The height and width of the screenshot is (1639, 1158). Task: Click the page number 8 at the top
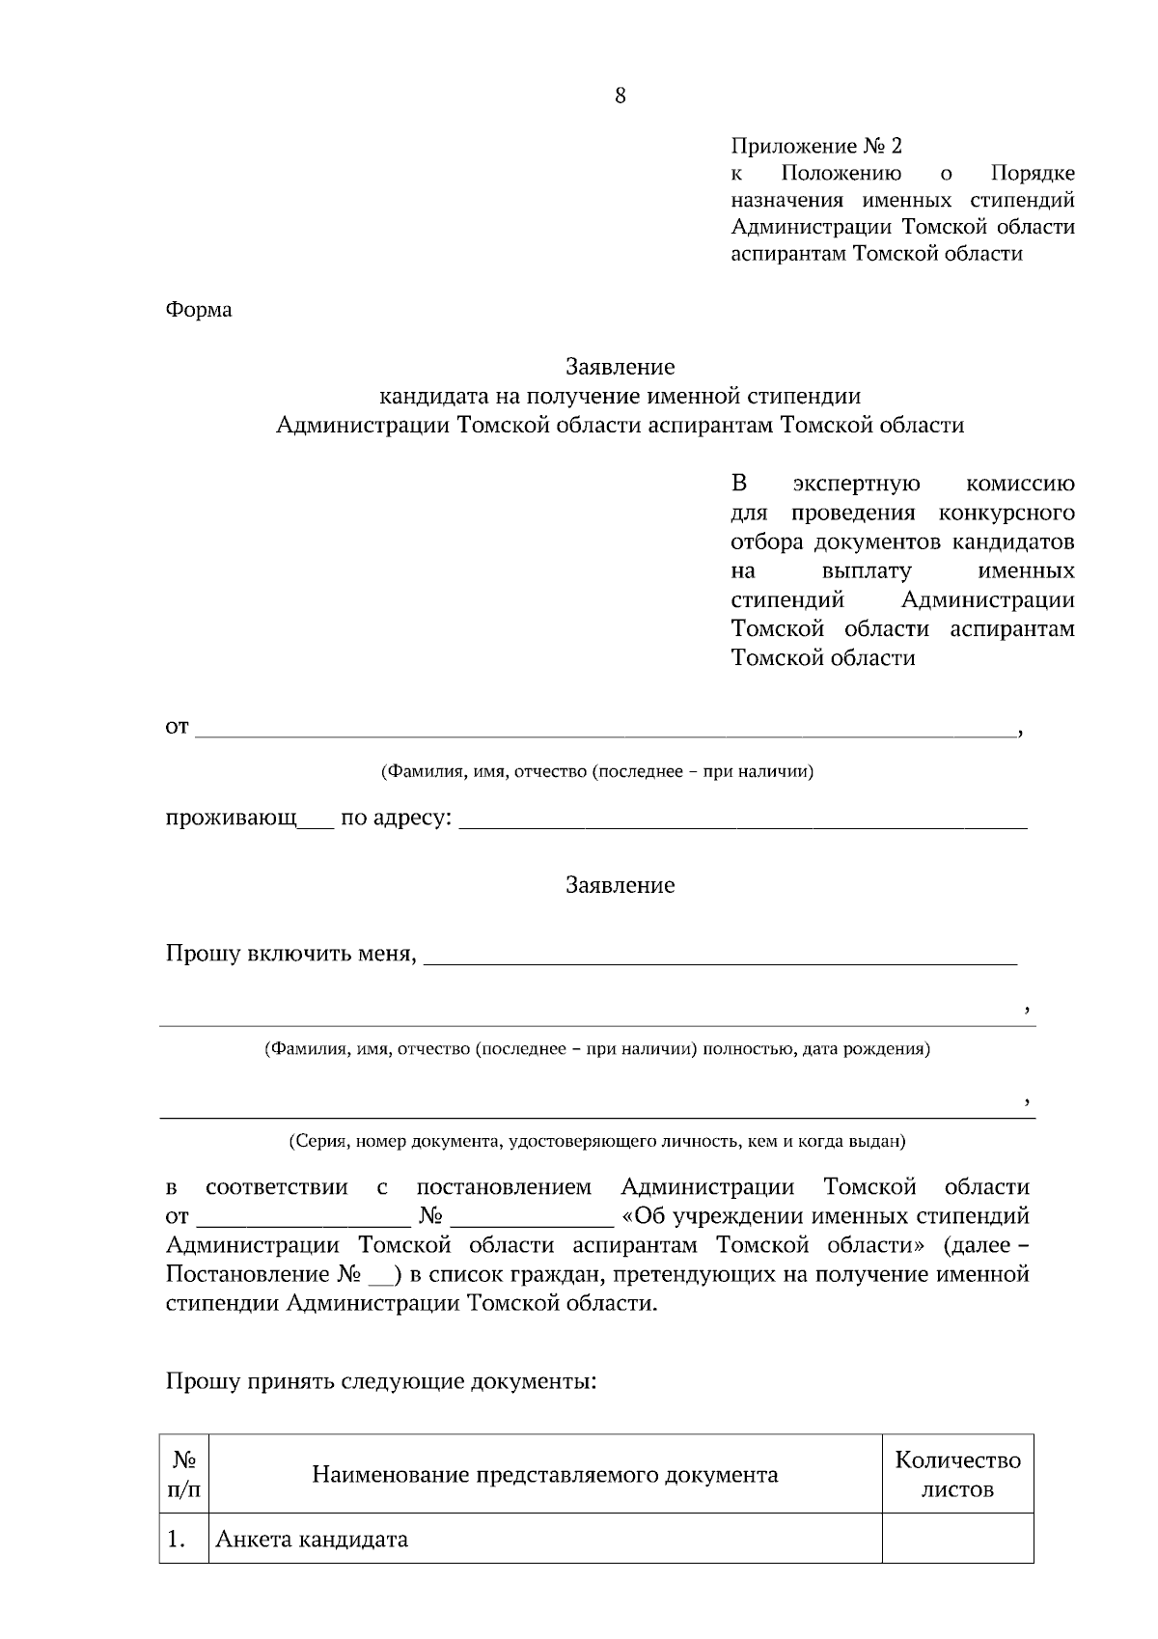point(620,96)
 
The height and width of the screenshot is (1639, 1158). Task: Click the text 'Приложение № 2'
point(816,147)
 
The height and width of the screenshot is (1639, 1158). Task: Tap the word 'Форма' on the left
point(199,310)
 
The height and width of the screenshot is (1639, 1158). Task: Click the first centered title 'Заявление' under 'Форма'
point(620,367)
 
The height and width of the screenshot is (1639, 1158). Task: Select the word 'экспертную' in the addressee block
point(856,484)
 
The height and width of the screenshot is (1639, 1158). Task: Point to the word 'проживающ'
point(231,819)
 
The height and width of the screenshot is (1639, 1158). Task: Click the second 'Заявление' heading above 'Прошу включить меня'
point(620,885)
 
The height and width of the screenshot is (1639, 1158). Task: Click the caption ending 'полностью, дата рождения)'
point(597,1049)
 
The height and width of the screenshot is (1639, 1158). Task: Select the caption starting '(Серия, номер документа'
point(597,1141)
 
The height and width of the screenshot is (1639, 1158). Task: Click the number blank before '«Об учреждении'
point(531,1216)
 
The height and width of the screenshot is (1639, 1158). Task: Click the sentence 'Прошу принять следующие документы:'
point(381,1381)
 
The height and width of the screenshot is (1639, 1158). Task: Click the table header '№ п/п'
point(184,1473)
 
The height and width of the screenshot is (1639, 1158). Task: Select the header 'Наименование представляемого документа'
point(545,1475)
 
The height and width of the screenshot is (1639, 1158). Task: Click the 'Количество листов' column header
point(957,1473)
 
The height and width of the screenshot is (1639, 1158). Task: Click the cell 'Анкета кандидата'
point(311,1540)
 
